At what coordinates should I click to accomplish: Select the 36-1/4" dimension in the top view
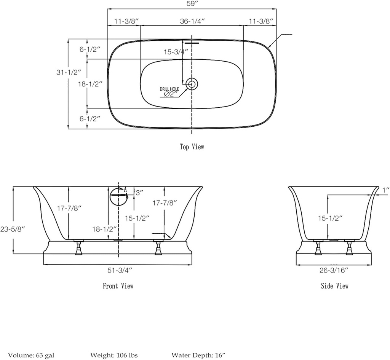[x=193, y=21]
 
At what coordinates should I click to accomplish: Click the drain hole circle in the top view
[x=192, y=84]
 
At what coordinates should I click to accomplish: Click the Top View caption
[x=192, y=147]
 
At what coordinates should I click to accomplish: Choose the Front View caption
[x=118, y=285]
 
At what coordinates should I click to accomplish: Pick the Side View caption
[x=334, y=286]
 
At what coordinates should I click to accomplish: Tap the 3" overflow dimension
[x=139, y=193]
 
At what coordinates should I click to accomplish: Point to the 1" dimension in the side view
[x=385, y=190]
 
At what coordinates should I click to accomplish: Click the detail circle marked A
[x=117, y=195]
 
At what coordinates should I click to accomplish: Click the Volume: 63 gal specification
[x=31, y=355]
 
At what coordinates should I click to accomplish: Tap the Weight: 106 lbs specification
[x=114, y=355]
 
